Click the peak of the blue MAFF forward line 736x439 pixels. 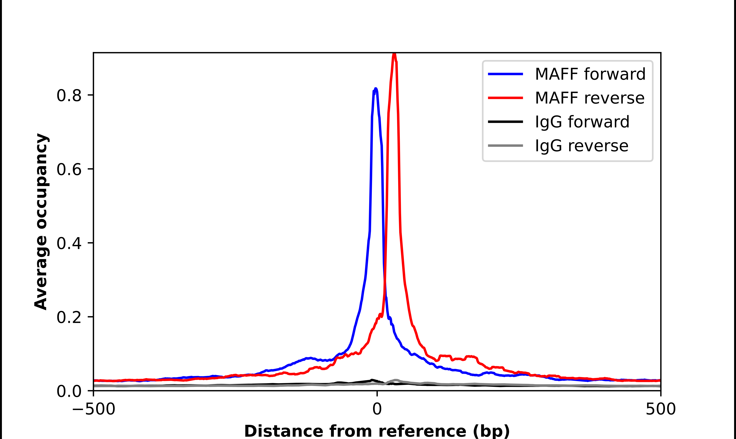[x=376, y=89]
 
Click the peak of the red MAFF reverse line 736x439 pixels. [x=394, y=54]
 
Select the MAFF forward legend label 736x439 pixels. [x=590, y=74]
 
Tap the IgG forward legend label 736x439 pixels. [x=582, y=122]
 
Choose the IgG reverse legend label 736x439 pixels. [x=581, y=146]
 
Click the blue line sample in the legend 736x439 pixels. [x=505, y=74]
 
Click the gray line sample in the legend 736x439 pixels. [x=505, y=145]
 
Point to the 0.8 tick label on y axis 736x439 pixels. [x=69, y=96]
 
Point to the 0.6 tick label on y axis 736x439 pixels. [x=69, y=169]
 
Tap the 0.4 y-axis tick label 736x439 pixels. [x=69, y=243]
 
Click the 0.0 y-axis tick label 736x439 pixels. [x=69, y=391]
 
